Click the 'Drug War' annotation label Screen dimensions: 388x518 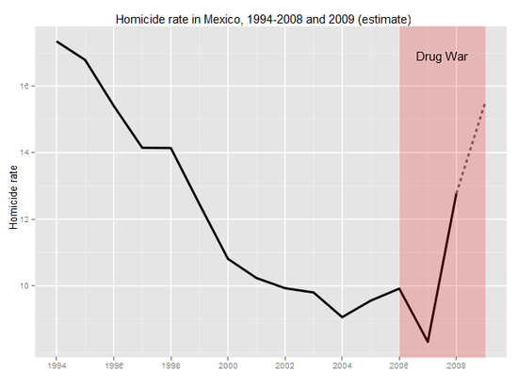[442, 57]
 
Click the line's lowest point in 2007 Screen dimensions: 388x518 [428, 341]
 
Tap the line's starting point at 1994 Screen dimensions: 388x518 [57, 41]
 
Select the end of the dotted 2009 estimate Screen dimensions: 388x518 [484, 104]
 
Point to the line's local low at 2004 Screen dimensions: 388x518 [342, 316]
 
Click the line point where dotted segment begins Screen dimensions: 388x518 [456, 193]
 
